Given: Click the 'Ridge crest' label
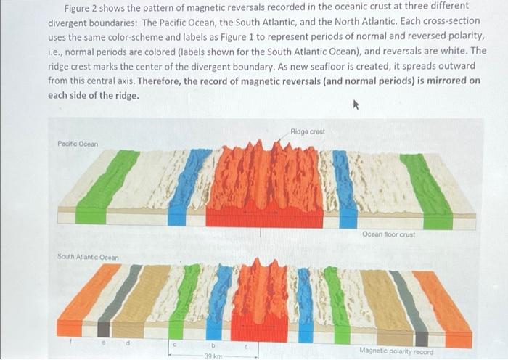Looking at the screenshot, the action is (x=307, y=131).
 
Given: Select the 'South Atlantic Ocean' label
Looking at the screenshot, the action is (x=88, y=257).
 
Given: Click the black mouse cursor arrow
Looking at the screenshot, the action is (x=355, y=105).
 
